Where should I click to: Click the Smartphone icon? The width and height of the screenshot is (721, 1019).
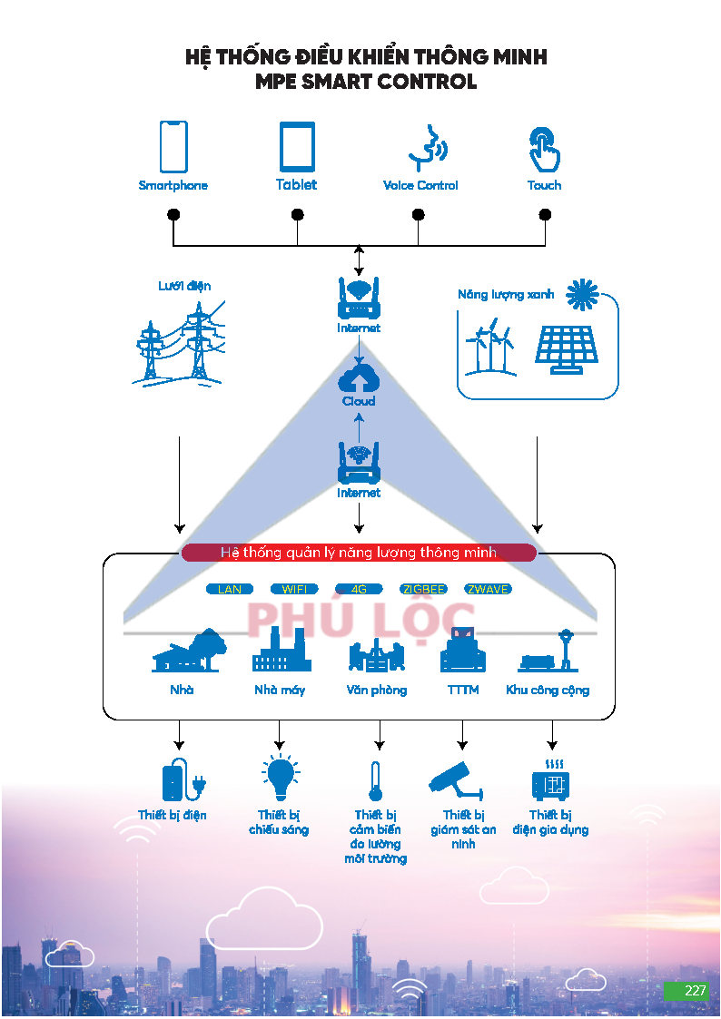tap(173, 146)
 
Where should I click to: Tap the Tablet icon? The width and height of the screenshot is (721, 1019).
tap(297, 146)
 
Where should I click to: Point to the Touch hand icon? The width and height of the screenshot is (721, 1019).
tap(544, 149)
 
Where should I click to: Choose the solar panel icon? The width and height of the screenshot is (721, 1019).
tap(566, 349)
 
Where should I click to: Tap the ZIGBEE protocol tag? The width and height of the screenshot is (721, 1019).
tap(423, 589)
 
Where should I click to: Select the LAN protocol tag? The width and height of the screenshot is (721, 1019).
tap(229, 589)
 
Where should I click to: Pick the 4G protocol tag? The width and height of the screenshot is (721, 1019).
tap(359, 589)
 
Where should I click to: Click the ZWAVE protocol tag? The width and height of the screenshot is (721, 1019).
tap(488, 589)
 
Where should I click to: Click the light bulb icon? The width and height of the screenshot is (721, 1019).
tap(281, 777)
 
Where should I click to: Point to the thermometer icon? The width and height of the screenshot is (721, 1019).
tap(375, 781)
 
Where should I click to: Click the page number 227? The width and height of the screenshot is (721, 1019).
tap(695, 990)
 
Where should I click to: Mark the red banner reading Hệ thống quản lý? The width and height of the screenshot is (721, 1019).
tap(358, 553)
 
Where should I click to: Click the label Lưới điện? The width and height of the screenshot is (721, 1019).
tap(184, 286)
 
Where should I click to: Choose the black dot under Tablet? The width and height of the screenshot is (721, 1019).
tap(297, 214)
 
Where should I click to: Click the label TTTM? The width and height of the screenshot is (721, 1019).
tap(463, 690)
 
